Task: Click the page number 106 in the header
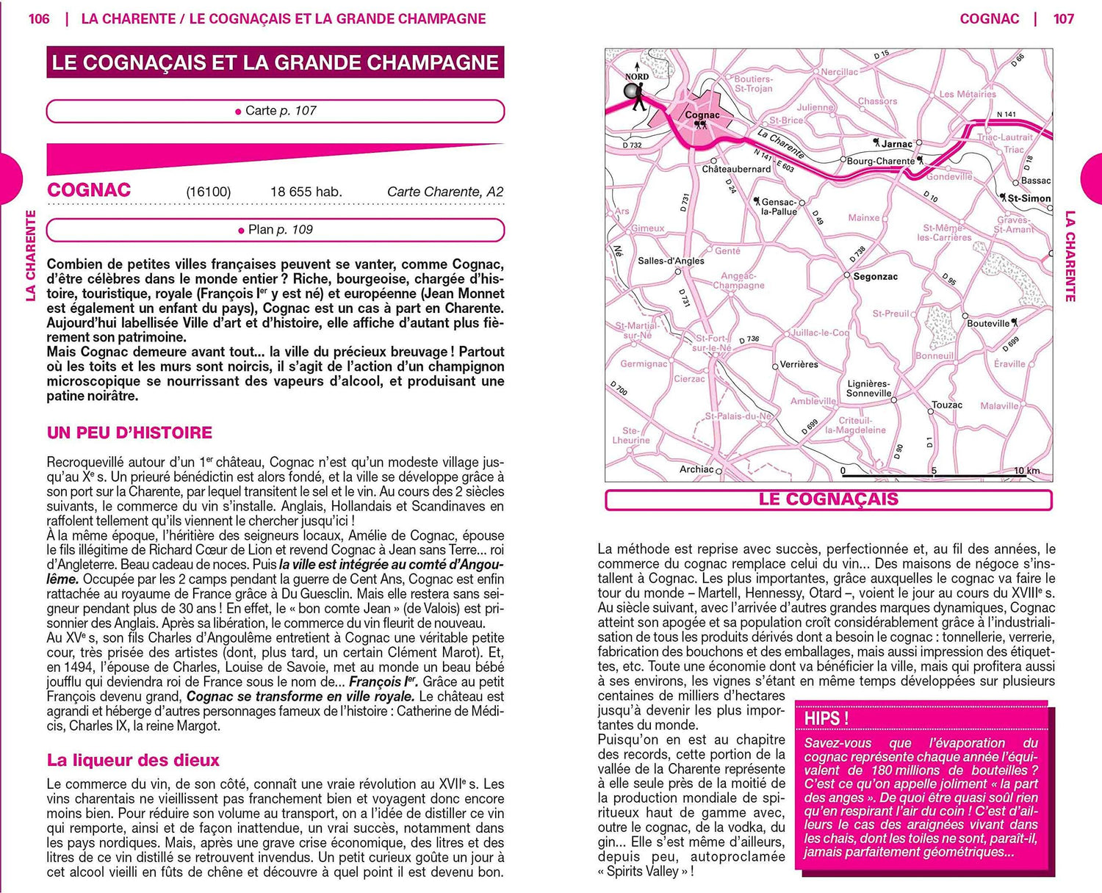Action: [39, 19]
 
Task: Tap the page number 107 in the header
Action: [1063, 19]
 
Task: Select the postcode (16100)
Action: [208, 192]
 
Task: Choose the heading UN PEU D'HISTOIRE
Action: [129, 433]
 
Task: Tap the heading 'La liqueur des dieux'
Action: [133, 760]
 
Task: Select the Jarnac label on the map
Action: [896, 144]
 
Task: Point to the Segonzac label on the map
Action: [875, 277]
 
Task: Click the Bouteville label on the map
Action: [988, 323]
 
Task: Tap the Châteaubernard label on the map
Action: [736, 169]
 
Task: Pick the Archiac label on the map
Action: [696, 469]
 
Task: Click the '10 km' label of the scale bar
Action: [1026, 471]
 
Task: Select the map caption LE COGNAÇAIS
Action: [828, 499]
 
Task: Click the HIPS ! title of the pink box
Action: [826, 718]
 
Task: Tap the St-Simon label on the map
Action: [1029, 198]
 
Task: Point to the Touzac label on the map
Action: [946, 405]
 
